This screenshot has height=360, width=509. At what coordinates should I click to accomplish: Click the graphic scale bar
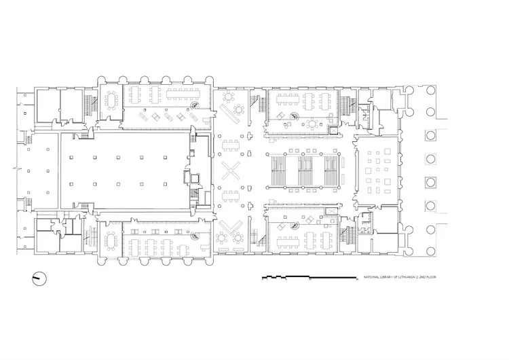(310, 278)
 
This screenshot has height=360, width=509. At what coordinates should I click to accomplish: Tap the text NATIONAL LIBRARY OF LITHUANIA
(389, 277)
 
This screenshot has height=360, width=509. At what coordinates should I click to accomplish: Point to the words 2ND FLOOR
(428, 277)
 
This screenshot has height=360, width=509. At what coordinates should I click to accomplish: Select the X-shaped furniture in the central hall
(231, 171)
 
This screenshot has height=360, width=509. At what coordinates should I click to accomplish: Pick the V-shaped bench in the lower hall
(231, 227)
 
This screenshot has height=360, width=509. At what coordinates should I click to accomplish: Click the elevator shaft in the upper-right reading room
(333, 130)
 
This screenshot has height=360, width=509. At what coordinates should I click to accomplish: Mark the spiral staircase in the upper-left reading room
(195, 105)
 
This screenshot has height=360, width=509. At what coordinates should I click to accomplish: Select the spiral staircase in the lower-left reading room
(195, 235)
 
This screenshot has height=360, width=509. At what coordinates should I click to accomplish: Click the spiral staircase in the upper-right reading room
(295, 116)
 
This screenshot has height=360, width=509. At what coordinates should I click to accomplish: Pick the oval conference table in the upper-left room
(111, 101)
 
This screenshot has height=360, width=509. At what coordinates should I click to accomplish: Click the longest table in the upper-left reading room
(183, 94)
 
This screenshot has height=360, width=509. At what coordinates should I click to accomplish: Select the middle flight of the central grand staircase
(305, 171)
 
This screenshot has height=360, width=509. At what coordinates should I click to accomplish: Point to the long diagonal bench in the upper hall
(230, 113)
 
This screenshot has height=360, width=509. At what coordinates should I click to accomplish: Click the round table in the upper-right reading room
(312, 124)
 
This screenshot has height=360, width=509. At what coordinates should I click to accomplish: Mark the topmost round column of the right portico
(430, 90)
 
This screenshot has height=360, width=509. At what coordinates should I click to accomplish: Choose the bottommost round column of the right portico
(430, 251)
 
